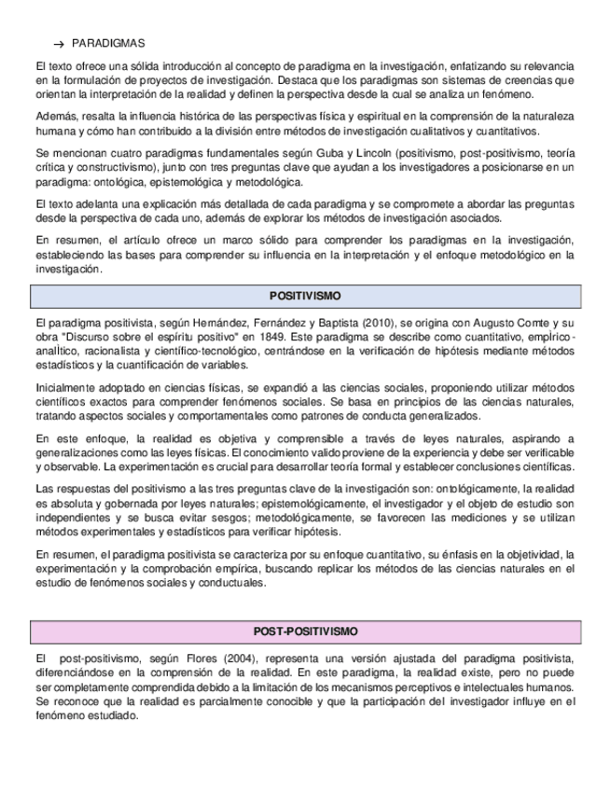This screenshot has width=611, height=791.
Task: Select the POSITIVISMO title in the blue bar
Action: [x=305, y=296]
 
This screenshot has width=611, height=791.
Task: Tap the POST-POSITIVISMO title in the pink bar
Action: [x=305, y=631]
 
